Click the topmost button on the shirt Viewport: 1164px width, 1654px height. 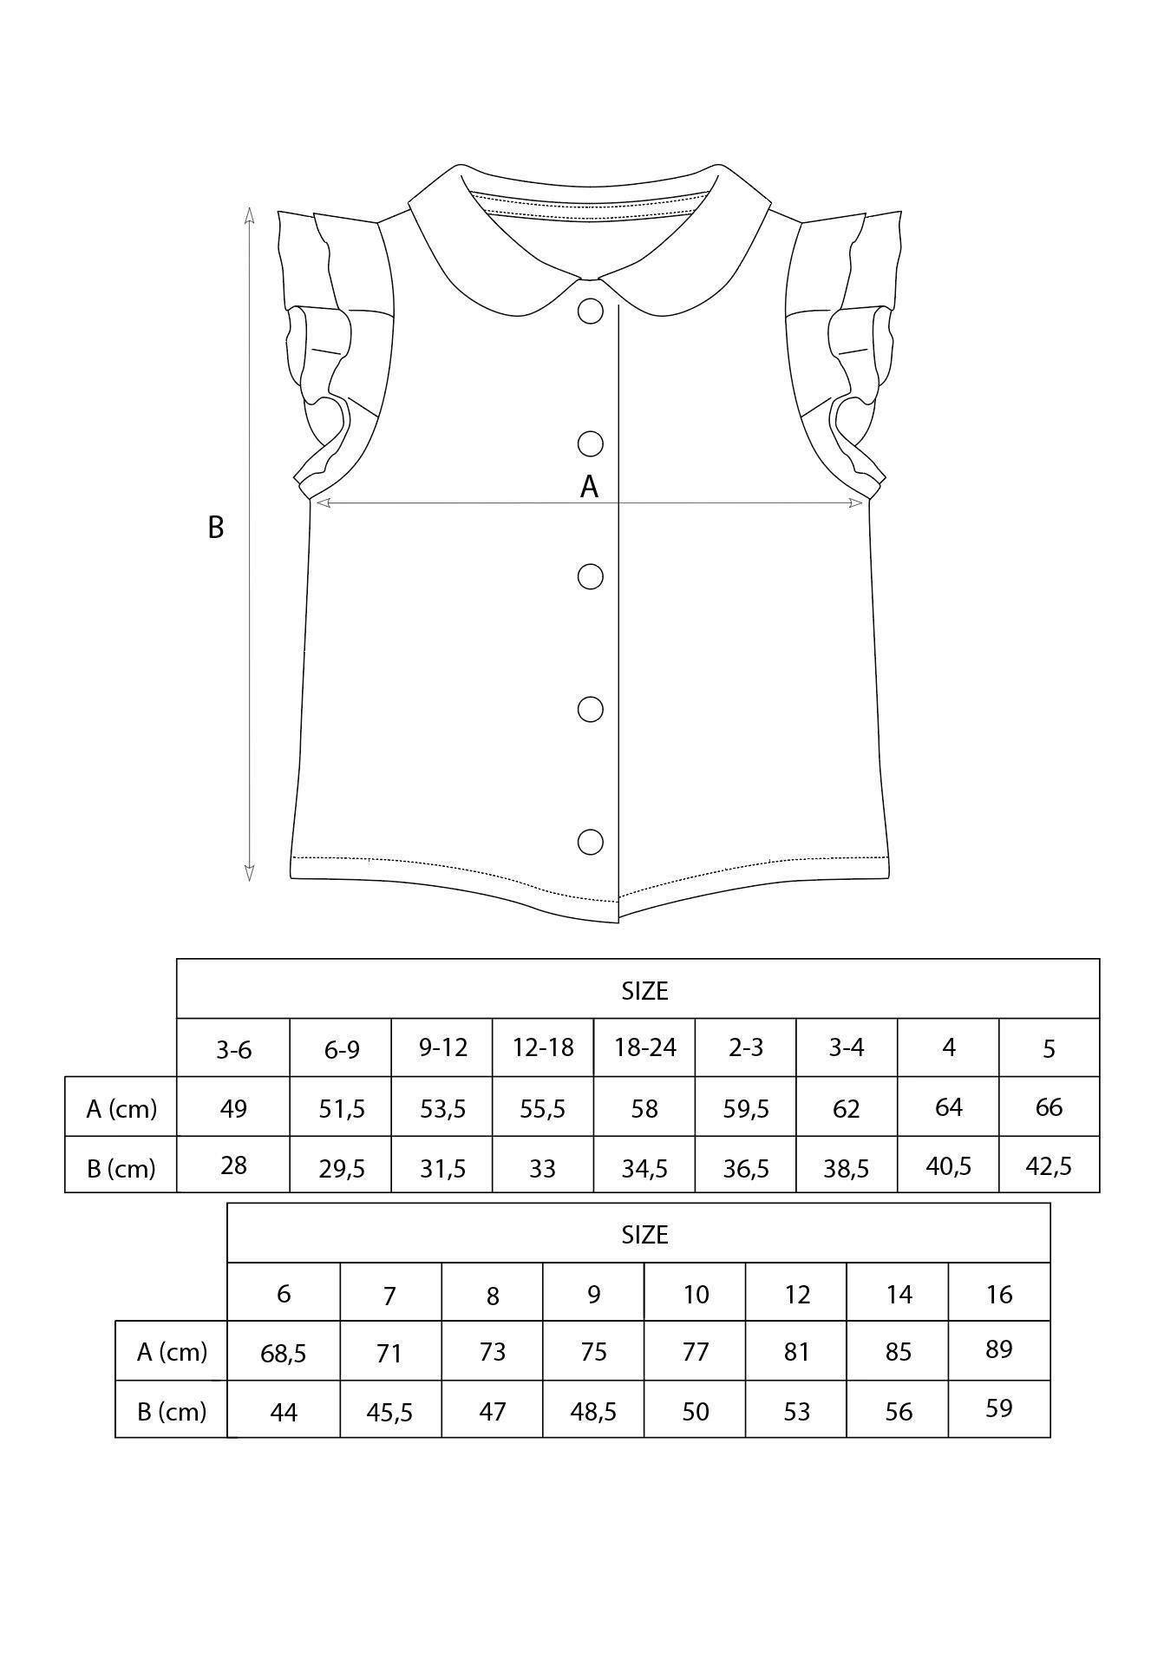pos(591,311)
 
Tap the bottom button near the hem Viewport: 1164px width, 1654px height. pos(591,842)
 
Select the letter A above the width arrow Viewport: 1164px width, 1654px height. pos(589,487)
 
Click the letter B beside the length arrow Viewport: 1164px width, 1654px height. pos(216,527)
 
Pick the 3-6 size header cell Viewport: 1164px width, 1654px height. pos(233,1049)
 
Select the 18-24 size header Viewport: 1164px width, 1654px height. pos(644,1047)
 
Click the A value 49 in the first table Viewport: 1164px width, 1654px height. pos(233,1108)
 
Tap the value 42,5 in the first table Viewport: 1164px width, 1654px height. pos(1049,1165)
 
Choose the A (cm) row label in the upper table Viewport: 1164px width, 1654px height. pos(121,1108)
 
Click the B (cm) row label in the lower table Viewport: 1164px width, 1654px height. pos(172,1411)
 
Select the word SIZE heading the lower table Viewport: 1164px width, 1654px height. pos(644,1234)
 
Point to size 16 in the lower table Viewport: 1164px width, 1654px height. pos(999,1294)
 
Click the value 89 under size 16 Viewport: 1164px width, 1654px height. pos(999,1349)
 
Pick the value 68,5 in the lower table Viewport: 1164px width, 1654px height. pos(284,1353)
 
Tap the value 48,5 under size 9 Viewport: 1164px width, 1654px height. pos(593,1412)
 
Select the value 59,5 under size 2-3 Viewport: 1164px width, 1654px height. pos(746,1108)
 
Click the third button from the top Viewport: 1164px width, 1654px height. pos(591,576)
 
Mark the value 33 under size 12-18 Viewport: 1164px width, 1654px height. pos(542,1168)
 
